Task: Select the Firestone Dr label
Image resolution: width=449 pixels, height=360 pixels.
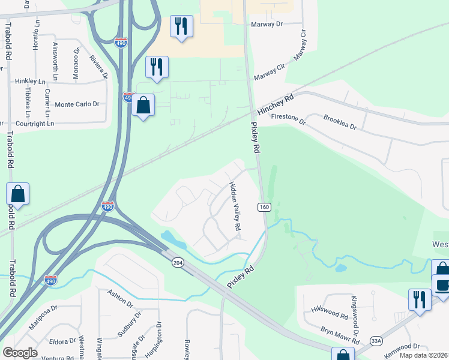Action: pos(289,119)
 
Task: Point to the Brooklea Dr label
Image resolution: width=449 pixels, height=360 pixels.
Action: pos(340,123)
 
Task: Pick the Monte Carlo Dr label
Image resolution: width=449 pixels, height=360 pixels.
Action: pos(77,104)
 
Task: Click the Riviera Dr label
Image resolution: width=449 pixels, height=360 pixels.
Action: pos(98,67)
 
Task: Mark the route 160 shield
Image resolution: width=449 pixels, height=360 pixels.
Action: pos(264,207)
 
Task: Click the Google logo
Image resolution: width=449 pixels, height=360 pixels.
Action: pos(20,353)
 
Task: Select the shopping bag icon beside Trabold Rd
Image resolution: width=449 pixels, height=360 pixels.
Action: pos(17,194)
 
